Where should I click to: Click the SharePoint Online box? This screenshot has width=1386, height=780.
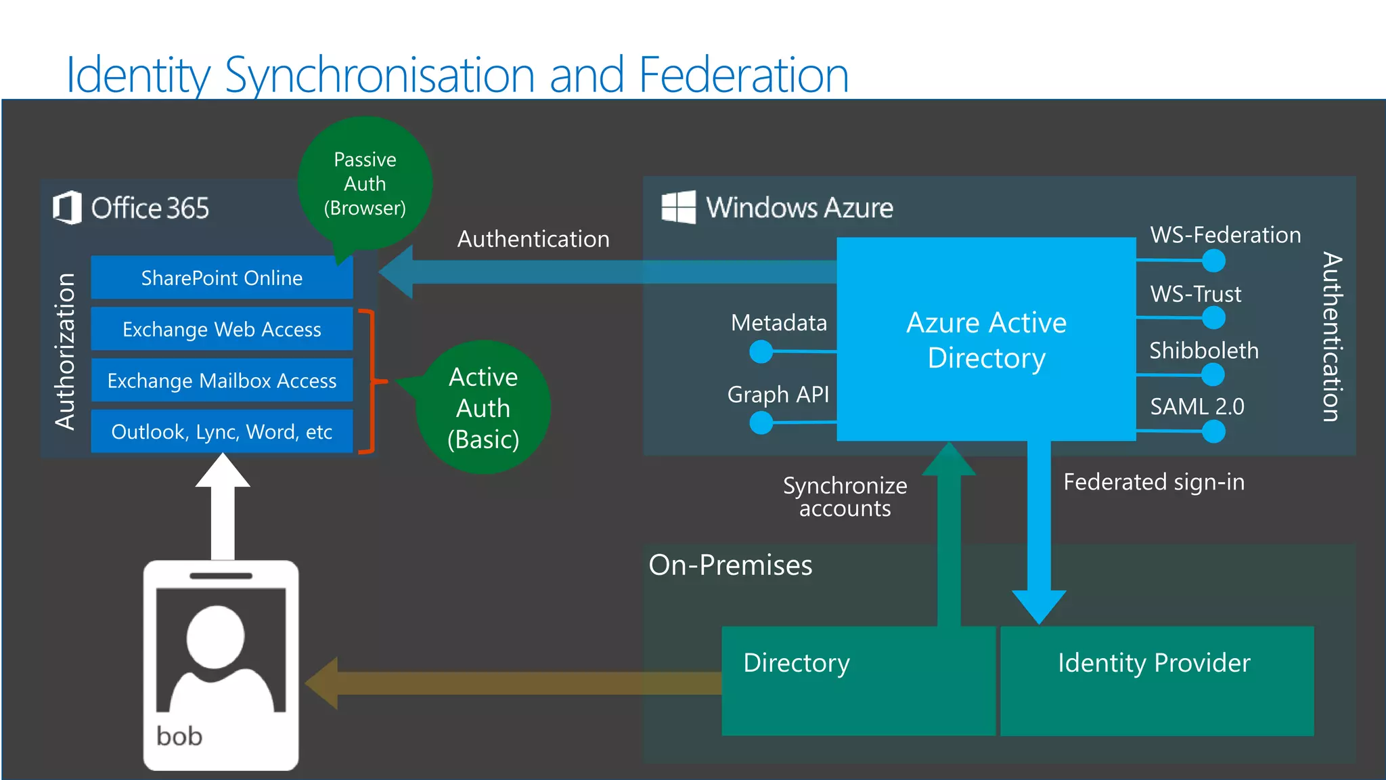(x=221, y=278)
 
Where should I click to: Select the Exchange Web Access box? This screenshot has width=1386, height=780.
(x=221, y=329)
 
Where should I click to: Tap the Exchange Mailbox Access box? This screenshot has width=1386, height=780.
(x=221, y=381)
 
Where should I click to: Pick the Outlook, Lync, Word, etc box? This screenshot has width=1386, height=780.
(x=221, y=431)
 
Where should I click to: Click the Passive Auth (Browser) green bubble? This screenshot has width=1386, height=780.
(x=365, y=183)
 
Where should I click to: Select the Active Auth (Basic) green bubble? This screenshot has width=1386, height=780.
(x=483, y=408)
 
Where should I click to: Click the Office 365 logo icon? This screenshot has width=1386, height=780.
(x=67, y=207)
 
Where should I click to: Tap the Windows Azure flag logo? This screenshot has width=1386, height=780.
(x=678, y=207)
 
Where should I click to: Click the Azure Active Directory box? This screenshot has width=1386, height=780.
(x=986, y=339)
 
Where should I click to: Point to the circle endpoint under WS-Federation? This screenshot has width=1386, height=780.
(x=1213, y=261)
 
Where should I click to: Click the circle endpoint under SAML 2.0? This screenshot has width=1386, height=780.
(x=1213, y=431)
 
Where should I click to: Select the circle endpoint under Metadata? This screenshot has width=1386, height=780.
(x=761, y=351)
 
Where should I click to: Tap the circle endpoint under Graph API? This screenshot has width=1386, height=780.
(x=761, y=423)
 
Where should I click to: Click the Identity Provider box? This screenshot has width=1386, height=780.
(x=1157, y=680)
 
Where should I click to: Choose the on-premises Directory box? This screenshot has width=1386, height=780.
(x=857, y=680)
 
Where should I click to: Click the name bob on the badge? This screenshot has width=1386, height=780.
(x=179, y=736)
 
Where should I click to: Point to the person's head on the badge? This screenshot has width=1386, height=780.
(x=216, y=636)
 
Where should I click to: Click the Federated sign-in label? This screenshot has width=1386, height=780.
(x=1154, y=482)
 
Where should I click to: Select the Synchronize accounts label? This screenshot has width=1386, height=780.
(x=845, y=497)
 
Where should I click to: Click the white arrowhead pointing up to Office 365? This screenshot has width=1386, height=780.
(x=223, y=471)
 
